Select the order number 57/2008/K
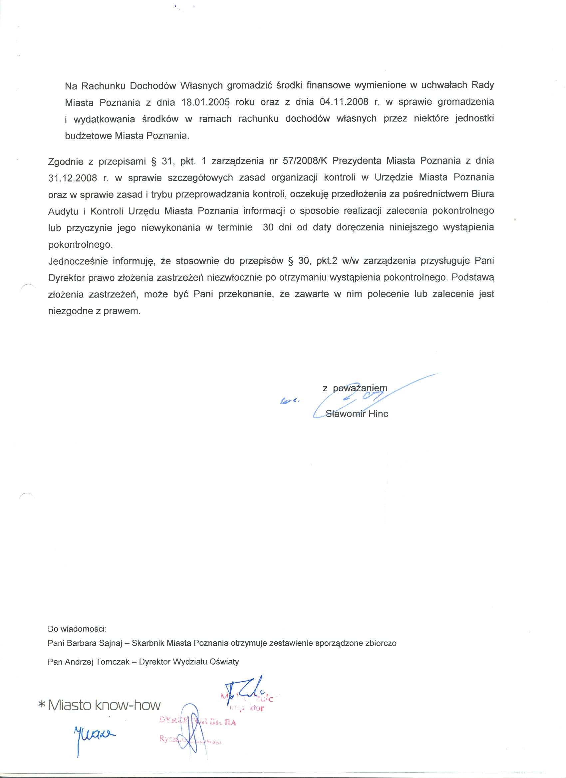pos(305,161)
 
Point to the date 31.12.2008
pos(73,178)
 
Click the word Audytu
pos(63,211)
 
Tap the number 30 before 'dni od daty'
pos(268,227)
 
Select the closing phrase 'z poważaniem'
pos(355,388)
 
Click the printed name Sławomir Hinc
pos(357,414)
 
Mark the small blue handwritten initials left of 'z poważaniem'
pos(290,400)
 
